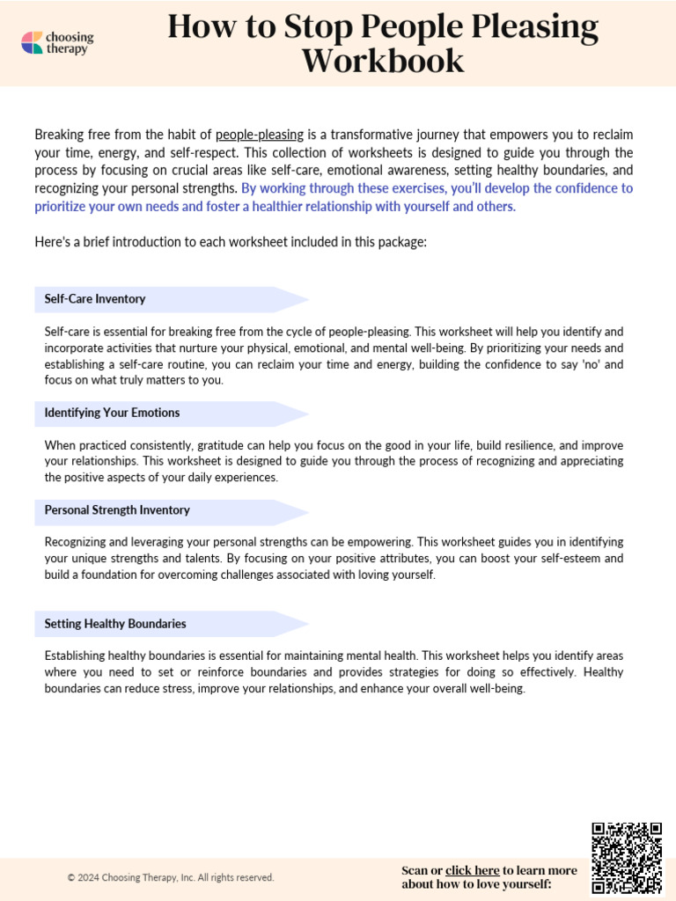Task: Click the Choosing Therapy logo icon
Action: coord(32,43)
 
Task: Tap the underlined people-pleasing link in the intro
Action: coord(260,135)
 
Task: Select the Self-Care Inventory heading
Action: coord(95,299)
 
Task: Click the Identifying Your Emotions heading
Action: coord(112,413)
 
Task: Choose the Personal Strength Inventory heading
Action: coord(117,510)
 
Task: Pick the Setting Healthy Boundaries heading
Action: coord(115,624)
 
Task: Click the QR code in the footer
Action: coord(627,857)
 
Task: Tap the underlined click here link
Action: coord(472,870)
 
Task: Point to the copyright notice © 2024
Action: coord(171,877)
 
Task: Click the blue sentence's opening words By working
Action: coord(273,188)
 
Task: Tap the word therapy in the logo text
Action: coord(70,49)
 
